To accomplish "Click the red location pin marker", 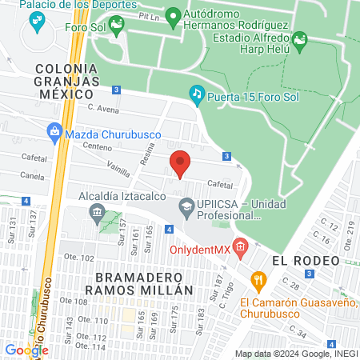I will [180, 163].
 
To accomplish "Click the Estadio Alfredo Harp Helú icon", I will [300, 38].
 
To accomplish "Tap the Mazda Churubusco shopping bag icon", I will [53, 130].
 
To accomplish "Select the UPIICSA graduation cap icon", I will [186, 207].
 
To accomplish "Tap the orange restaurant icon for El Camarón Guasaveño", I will [258, 280].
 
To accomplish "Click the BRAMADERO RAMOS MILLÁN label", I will [128, 282].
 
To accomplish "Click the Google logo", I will [26, 349].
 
